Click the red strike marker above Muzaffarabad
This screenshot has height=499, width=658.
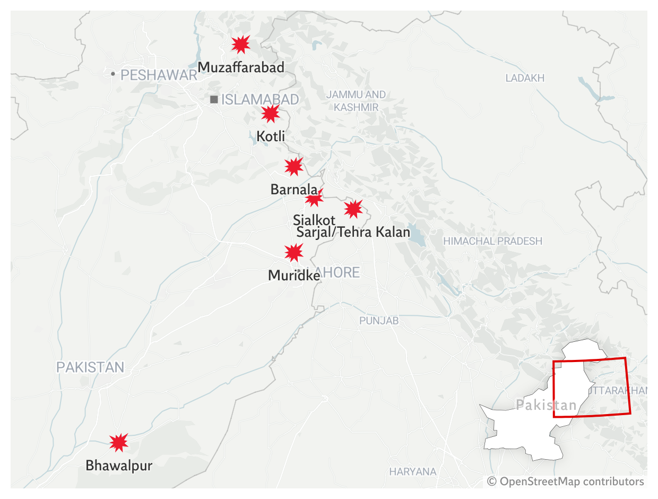click(241, 45)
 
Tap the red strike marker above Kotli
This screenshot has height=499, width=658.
click(270, 114)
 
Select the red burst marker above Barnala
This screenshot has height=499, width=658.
click(293, 167)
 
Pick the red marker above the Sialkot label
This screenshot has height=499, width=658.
click(314, 198)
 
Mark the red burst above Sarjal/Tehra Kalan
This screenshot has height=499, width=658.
click(353, 209)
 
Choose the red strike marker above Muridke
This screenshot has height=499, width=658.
click(293, 252)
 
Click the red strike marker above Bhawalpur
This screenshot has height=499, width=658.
click(119, 442)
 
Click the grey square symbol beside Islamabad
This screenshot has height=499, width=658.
click(214, 99)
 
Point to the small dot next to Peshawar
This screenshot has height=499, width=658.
click(113, 74)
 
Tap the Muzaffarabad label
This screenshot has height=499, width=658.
click(241, 67)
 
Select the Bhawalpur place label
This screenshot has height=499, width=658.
click(119, 466)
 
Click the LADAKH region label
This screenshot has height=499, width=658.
click(525, 79)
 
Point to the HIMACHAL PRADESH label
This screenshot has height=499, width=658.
click(492, 241)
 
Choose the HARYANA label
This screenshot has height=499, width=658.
click(412, 471)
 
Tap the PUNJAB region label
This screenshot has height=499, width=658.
click(379, 321)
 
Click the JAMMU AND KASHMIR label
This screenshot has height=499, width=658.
click(356, 101)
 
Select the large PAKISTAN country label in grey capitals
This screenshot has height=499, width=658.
click(90, 367)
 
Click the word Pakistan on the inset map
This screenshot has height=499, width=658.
click(546, 406)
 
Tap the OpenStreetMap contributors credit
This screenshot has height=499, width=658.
click(566, 481)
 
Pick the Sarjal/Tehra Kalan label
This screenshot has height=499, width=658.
click(353, 232)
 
